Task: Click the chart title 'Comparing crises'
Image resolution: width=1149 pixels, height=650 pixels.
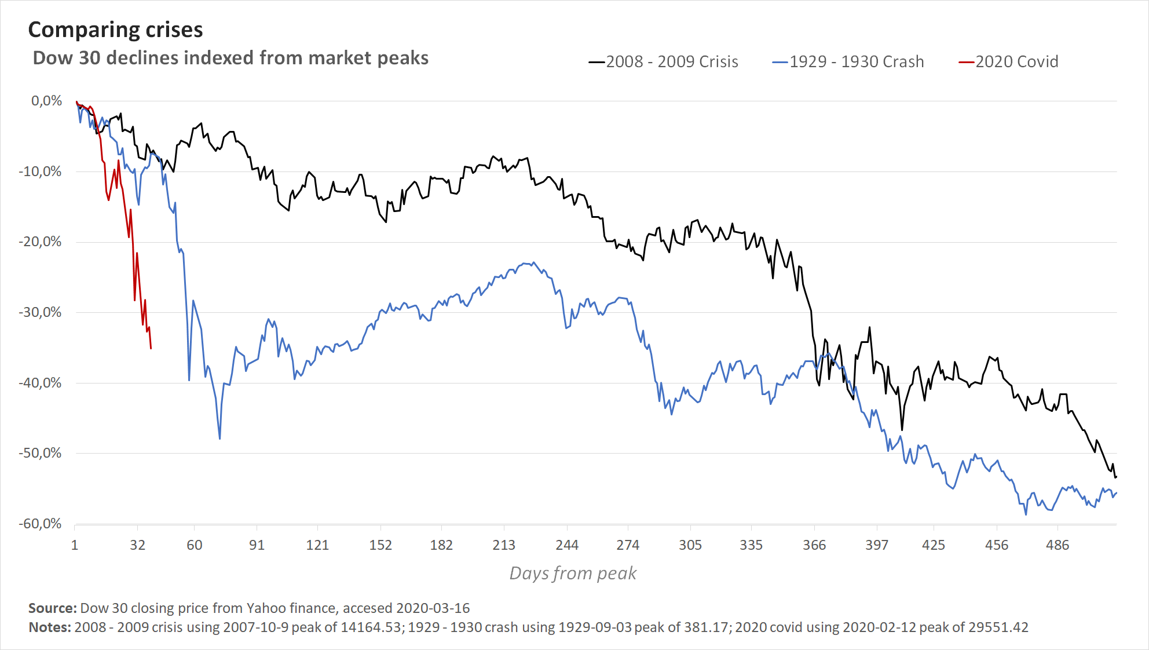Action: pyautogui.click(x=115, y=30)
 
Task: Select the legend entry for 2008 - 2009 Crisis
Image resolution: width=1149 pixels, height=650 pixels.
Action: pyautogui.click(x=664, y=61)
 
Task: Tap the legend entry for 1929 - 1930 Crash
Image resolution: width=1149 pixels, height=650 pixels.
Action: pyautogui.click(x=848, y=61)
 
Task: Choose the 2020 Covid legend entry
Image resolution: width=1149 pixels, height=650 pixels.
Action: pyautogui.click(x=1008, y=61)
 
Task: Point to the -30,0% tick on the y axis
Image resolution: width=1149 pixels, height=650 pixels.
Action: pyautogui.click(x=41, y=312)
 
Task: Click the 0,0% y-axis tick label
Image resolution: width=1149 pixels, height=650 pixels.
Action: pyautogui.click(x=46, y=101)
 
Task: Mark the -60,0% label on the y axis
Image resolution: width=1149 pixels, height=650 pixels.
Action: pyautogui.click(x=41, y=524)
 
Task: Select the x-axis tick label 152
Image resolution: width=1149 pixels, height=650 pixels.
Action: pyautogui.click(x=380, y=545)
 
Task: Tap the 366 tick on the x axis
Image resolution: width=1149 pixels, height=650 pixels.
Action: pyautogui.click(x=814, y=545)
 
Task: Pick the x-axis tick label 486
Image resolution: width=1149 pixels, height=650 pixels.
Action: pyautogui.click(x=1057, y=545)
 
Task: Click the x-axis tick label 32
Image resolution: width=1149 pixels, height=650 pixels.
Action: pyautogui.click(x=137, y=545)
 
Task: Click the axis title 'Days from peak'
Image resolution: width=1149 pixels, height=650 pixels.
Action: pyautogui.click(x=573, y=573)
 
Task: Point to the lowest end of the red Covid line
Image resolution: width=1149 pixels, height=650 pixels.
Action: pyautogui.click(x=151, y=348)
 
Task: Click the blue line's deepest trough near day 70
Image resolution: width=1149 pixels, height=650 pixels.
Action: pyautogui.click(x=219, y=439)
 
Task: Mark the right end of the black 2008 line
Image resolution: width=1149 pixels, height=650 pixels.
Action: pyautogui.click(x=1116, y=477)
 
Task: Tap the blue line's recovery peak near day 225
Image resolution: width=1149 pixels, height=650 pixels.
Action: pyautogui.click(x=533, y=262)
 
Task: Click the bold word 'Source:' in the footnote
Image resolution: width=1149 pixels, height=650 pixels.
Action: pyautogui.click(x=53, y=608)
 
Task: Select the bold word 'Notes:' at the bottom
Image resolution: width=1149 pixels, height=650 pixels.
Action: pyautogui.click(x=50, y=627)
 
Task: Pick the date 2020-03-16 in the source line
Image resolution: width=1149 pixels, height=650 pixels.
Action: pyautogui.click(x=433, y=608)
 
